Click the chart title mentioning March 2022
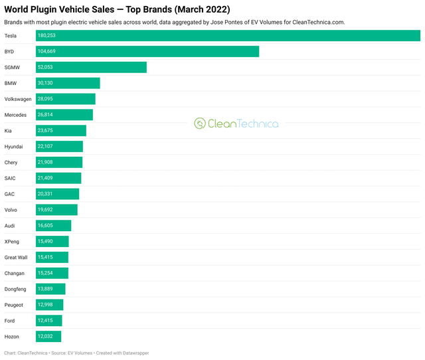[117, 9]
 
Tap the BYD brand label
[9, 51]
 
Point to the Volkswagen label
[18, 99]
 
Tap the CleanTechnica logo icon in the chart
[199, 124]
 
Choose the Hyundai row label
[14, 147]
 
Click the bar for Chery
[59, 163]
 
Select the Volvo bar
[56, 210]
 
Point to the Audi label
[10, 226]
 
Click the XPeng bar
[52, 242]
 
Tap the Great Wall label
[16, 258]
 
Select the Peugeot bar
[50, 305]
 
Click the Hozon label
[12, 337]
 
